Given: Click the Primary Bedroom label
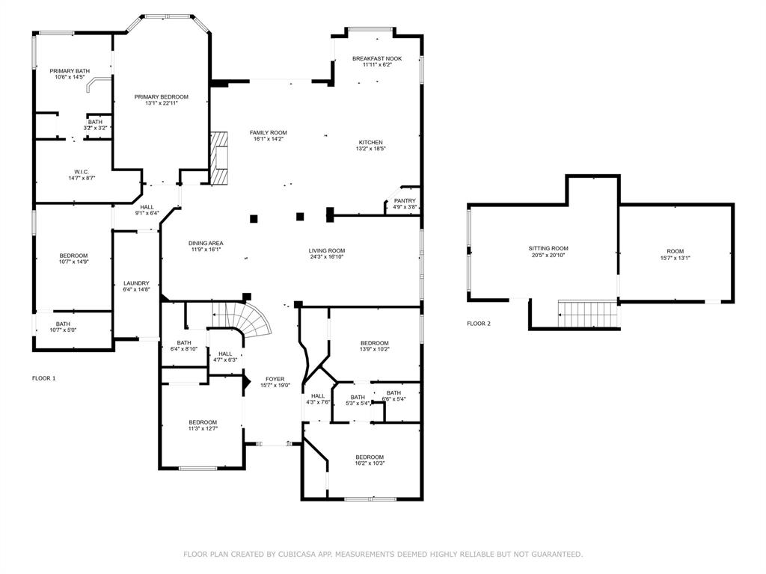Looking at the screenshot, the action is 162,96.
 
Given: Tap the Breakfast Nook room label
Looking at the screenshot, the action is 377,58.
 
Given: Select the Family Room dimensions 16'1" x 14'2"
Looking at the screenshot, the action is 269,139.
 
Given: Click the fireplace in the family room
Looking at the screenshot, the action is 219,158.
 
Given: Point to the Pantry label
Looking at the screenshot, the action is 405,200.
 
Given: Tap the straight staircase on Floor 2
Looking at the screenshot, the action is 588,313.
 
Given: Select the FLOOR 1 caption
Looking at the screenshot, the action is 44,378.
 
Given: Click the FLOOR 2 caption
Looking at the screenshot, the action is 479,324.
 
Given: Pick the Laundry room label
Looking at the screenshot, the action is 136,283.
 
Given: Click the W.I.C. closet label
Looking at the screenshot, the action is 82,172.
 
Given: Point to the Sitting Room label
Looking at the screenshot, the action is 548,248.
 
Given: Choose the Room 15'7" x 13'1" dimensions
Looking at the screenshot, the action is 675,258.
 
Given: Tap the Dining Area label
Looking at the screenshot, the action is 206,243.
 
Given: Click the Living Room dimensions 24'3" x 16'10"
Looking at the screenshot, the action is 327,257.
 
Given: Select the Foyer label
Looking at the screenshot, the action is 275,379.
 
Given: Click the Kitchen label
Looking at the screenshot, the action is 371,143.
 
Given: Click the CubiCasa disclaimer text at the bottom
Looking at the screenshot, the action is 383,555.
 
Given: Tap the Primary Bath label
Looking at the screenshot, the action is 70,71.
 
